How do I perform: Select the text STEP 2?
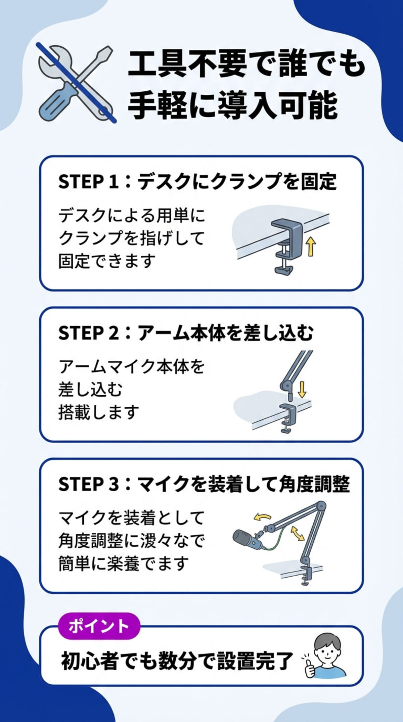coord(88,333)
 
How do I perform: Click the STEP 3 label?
coord(88,484)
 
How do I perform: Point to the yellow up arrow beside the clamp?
coord(311,246)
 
